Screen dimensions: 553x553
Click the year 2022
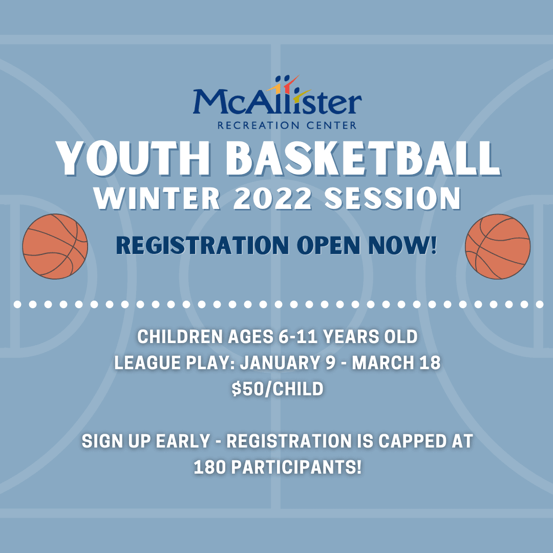coord(272,199)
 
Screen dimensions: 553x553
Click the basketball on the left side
coord(55,246)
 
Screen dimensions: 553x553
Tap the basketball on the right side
coord(498,246)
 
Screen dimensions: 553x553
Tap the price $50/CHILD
coord(277,389)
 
